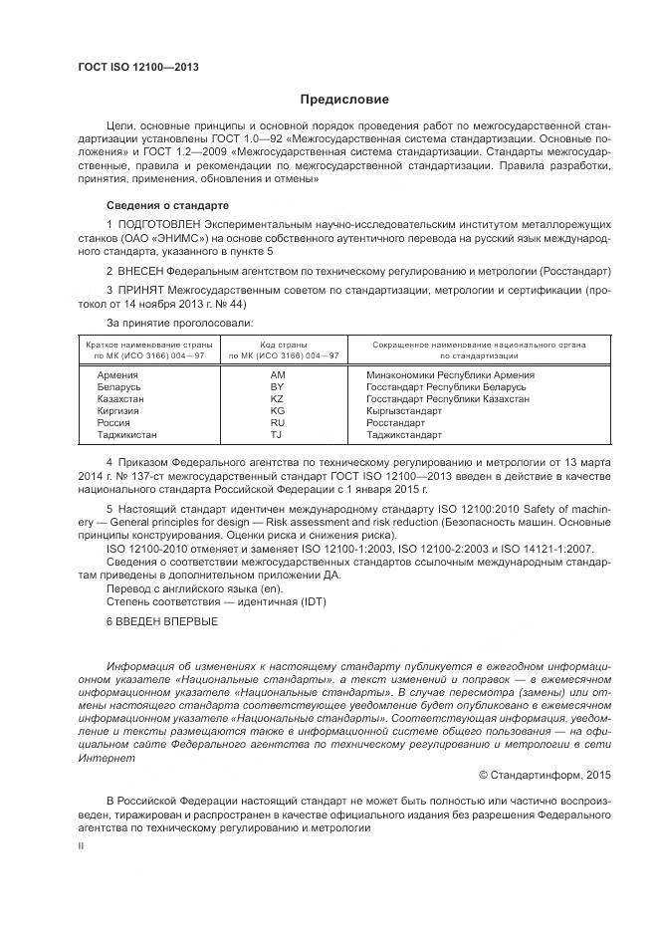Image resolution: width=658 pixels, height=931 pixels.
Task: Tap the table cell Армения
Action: (x=116, y=374)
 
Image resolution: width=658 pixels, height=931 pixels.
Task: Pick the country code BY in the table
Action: (x=278, y=386)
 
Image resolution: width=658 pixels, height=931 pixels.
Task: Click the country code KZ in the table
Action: (x=278, y=398)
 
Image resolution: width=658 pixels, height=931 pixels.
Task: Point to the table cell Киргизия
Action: (x=118, y=410)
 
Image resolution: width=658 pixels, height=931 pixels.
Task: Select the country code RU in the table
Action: (x=278, y=422)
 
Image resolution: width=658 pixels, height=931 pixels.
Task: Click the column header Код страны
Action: (x=284, y=344)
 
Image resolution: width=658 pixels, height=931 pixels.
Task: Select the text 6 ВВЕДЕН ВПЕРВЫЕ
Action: (x=159, y=620)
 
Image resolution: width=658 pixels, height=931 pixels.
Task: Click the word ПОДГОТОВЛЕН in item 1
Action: (x=151, y=226)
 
